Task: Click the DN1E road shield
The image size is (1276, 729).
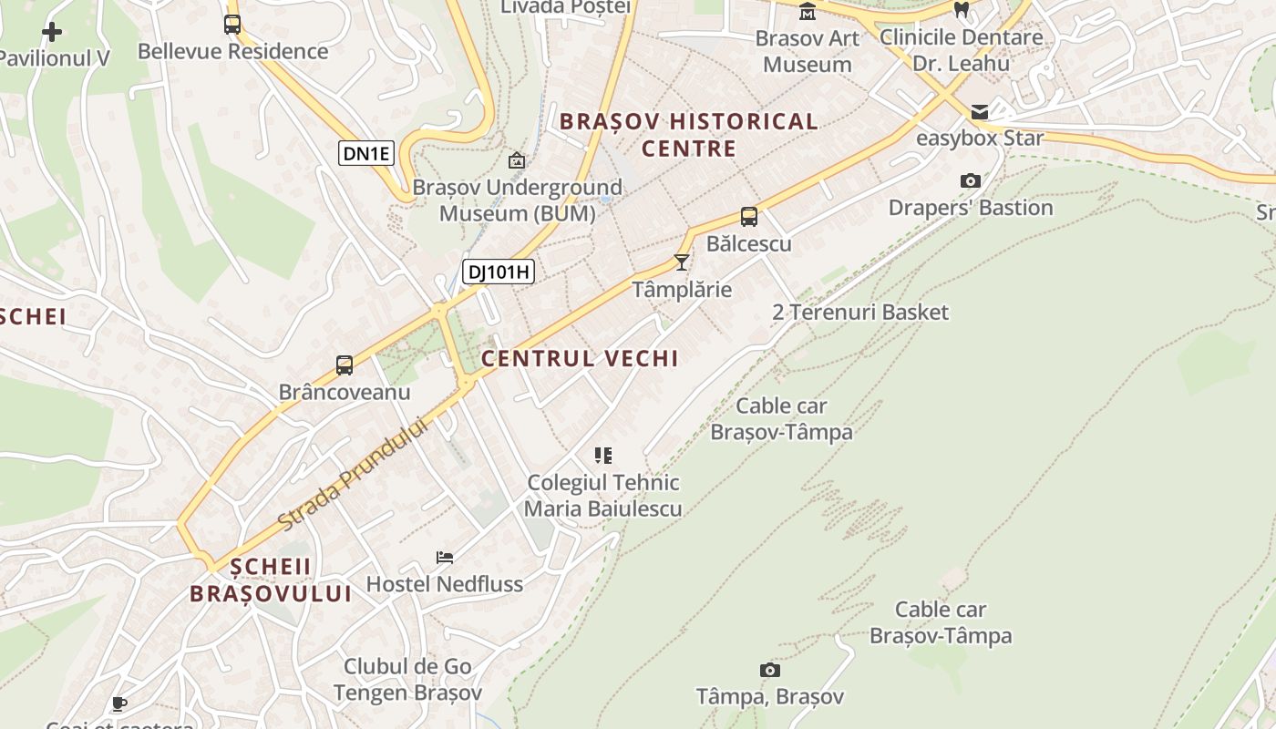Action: tap(366, 153)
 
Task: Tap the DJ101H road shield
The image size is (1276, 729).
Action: tap(498, 272)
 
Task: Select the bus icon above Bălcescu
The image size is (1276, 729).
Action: tap(748, 217)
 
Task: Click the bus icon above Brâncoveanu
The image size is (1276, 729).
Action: tap(344, 365)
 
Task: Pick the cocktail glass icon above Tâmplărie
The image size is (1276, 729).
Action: tap(681, 262)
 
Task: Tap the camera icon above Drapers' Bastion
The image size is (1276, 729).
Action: tap(971, 180)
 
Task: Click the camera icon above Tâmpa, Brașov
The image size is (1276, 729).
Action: tap(770, 671)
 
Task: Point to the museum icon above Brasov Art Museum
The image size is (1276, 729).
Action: tap(808, 12)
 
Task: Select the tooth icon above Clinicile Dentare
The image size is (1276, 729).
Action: tap(961, 10)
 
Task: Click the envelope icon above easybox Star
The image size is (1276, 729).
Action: tap(980, 112)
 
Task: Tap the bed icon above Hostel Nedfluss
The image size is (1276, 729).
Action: tap(445, 557)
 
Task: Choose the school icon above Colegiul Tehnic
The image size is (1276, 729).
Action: tap(602, 455)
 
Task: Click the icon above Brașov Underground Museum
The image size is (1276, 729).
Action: tap(517, 160)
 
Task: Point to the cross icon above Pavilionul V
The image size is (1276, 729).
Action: tap(52, 32)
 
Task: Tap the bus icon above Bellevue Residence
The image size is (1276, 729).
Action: tap(232, 25)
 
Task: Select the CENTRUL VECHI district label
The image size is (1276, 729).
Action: tap(580, 359)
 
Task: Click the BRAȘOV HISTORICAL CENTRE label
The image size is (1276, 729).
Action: tap(688, 135)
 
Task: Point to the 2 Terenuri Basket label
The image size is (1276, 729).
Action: tap(860, 312)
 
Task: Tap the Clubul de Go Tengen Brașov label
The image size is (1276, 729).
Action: tap(407, 680)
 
